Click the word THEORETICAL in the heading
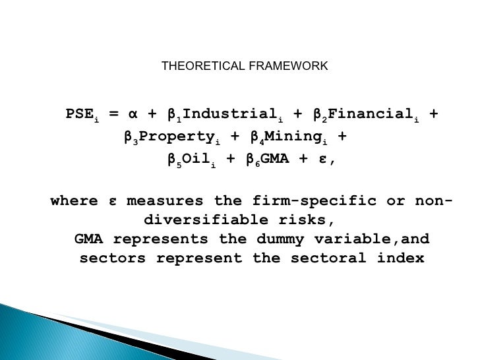click(x=195, y=67)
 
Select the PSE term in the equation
click(x=80, y=115)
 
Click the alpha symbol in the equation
click(x=133, y=115)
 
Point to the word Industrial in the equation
click(x=219, y=115)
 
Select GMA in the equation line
click(x=277, y=160)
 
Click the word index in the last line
click(x=401, y=258)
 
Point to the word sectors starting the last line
click(x=112, y=258)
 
